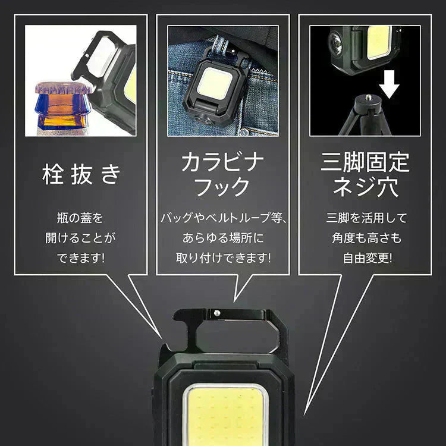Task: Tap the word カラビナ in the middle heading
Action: (223, 162)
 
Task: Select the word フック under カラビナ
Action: (223, 187)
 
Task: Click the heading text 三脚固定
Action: (365, 162)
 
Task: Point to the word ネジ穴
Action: (365, 187)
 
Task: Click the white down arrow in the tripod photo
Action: (389, 84)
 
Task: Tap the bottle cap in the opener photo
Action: (63, 88)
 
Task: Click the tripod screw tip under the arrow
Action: (368, 98)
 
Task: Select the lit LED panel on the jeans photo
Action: (215, 83)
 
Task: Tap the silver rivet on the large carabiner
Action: (216, 313)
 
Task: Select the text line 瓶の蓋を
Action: (80, 218)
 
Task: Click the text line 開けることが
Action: (80, 238)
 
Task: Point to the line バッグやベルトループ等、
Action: (224, 218)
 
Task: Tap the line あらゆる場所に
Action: (223, 238)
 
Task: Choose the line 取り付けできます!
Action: (224, 257)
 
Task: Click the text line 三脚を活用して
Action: (367, 218)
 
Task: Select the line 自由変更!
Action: (368, 258)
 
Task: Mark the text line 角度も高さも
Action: (366, 238)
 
